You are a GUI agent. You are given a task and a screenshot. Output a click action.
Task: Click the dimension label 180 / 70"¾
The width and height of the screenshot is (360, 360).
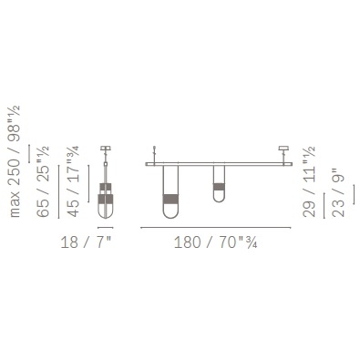[216, 242]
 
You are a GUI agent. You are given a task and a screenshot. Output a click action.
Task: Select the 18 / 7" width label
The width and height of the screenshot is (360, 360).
[87, 242]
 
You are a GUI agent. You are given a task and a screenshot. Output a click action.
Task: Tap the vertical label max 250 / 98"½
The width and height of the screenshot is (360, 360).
[15, 161]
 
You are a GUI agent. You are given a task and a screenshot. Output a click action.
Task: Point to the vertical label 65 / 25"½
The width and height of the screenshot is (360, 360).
[43, 181]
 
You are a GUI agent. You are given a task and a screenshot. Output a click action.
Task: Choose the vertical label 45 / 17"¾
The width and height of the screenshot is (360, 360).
[74, 181]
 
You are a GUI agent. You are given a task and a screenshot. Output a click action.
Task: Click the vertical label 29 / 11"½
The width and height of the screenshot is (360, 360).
[310, 181]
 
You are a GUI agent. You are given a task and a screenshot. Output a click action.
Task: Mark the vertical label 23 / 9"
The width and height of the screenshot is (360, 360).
[339, 192]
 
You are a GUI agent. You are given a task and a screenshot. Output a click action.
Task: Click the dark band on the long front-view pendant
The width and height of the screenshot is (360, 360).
[170, 200]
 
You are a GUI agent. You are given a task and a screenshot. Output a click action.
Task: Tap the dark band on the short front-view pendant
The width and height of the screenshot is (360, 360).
[219, 187]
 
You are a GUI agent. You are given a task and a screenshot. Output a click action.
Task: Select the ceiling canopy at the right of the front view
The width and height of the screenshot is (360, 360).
[283, 149]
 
